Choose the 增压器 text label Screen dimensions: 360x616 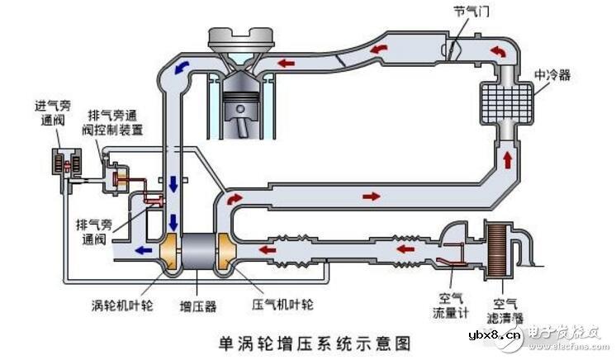pyautogui.click(x=199, y=306)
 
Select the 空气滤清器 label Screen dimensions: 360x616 pyautogui.click(x=509, y=310)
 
